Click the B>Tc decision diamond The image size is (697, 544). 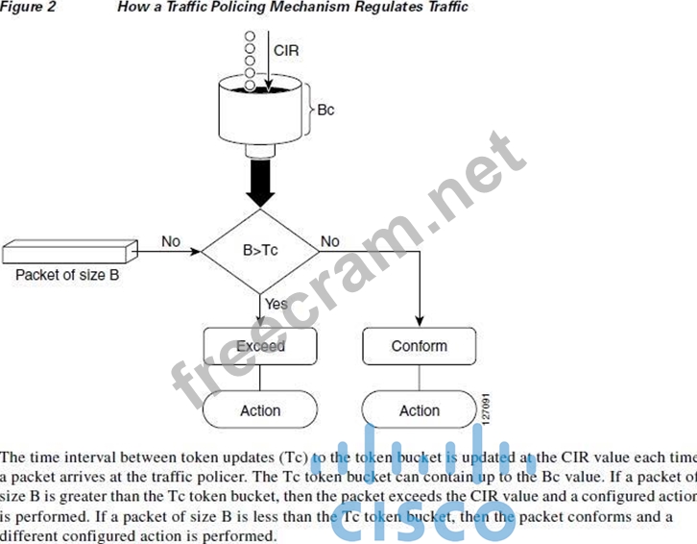pyautogui.click(x=259, y=254)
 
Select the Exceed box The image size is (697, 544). pyautogui.click(x=260, y=346)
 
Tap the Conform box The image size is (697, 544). pyautogui.click(x=420, y=346)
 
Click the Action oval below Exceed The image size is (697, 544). pyautogui.click(x=260, y=410)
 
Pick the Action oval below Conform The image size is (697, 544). pyautogui.click(x=420, y=410)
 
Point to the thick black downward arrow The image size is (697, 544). pyautogui.click(x=260, y=181)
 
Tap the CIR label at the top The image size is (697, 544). pyautogui.click(x=286, y=48)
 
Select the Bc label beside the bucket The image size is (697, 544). pyautogui.click(x=325, y=110)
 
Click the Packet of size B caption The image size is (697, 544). pyautogui.click(x=66, y=275)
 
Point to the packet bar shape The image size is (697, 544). pyautogui.click(x=67, y=251)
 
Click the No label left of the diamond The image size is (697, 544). pyautogui.click(x=171, y=240)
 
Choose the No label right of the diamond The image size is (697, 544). pyautogui.click(x=330, y=240)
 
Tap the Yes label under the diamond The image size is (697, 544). pyautogui.click(x=276, y=304)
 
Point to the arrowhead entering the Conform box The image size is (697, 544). pyautogui.click(x=421, y=322)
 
